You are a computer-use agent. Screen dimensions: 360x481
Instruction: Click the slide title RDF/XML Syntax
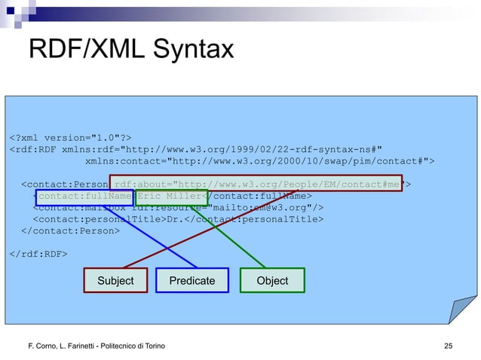[x=130, y=50]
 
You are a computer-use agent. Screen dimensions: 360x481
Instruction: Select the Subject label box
[x=115, y=280]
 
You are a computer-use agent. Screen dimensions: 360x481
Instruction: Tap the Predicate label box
[x=191, y=280]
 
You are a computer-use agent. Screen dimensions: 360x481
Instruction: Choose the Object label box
[x=272, y=280]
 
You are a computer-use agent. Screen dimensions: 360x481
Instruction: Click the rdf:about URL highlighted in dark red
[x=256, y=183]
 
